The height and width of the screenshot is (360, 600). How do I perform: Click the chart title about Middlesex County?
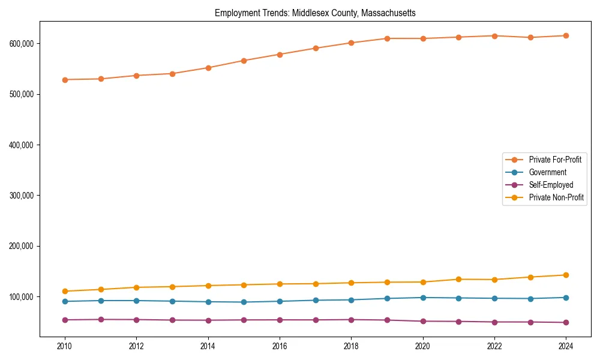click(x=315, y=13)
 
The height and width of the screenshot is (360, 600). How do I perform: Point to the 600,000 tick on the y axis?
click(x=21, y=44)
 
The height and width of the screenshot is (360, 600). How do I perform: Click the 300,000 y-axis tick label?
click(x=21, y=196)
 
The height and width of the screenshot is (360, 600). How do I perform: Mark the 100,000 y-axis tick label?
click(x=21, y=297)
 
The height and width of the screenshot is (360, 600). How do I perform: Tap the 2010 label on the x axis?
click(x=65, y=346)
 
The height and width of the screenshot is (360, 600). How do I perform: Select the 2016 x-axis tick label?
click(x=280, y=346)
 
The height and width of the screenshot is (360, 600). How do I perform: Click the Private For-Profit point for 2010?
click(x=65, y=80)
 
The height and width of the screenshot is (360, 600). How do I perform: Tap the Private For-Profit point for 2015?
click(x=244, y=61)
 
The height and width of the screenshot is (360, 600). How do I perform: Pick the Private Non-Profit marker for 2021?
click(x=458, y=280)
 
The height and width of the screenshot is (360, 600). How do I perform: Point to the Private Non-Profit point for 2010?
click(x=65, y=292)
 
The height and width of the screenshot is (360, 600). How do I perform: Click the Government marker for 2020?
click(x=423, y=298)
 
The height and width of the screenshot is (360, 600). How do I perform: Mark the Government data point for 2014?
click(x=208, y=302)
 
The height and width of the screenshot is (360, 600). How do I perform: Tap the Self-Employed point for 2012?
click(x=136, y=320)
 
